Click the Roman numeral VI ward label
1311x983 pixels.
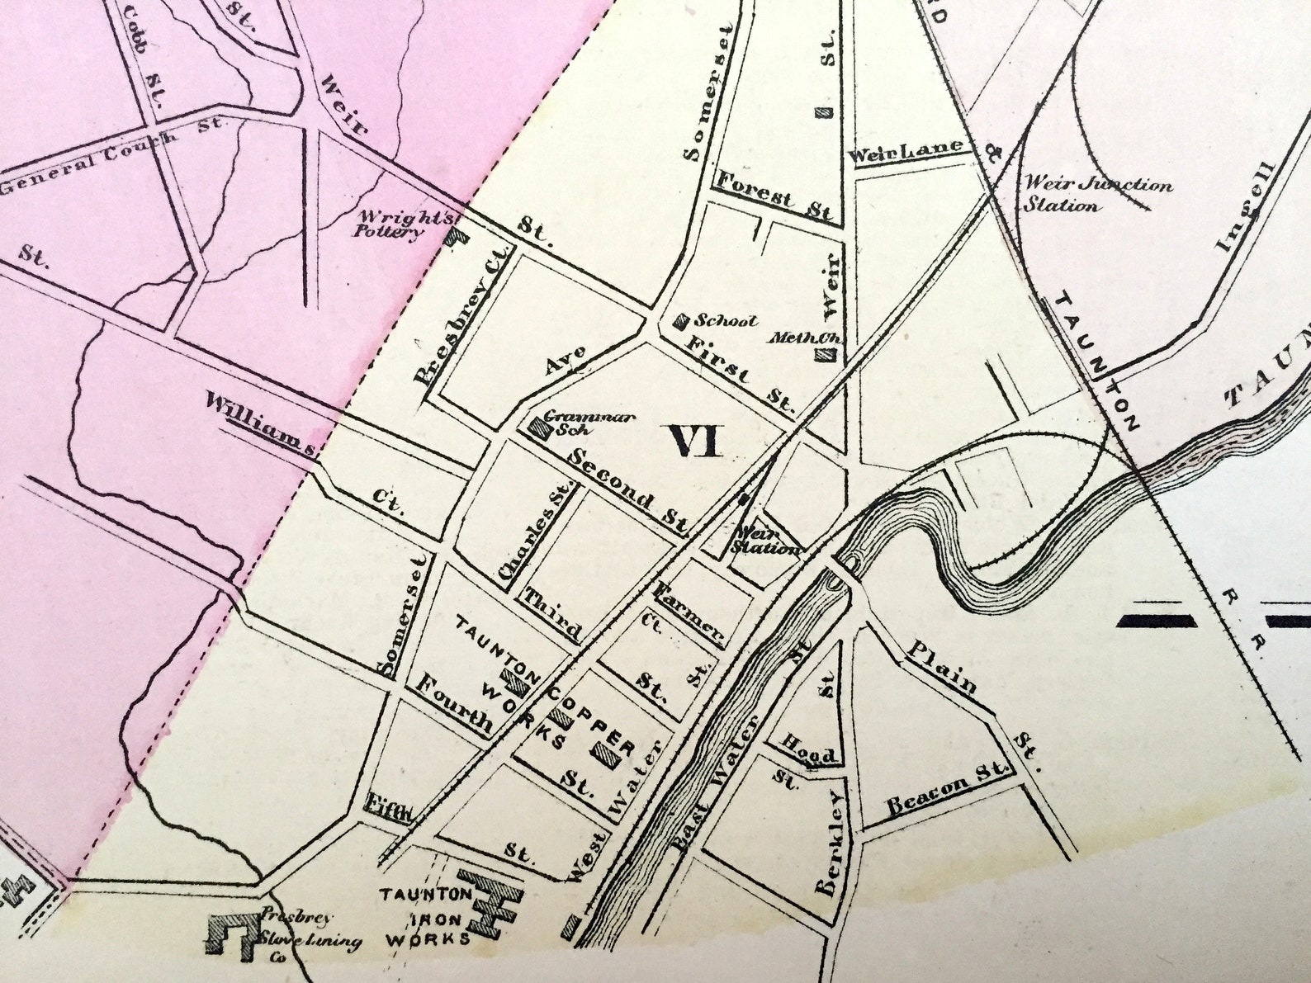pyautogui.click(x=695, y=441)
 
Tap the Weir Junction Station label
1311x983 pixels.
pyautogui.click(x=1097, y=194)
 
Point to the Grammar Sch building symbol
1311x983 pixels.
pyautogui.click(x=541, y=428)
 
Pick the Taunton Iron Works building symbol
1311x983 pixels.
pyautogui.click(x=490, y=904)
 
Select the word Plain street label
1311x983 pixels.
pyautogui.click(x=942, y=668)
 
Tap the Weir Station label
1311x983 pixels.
pyautogui.click(x=768, y=541)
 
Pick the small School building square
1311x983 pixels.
pyautogui.click(x=683, y=319)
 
